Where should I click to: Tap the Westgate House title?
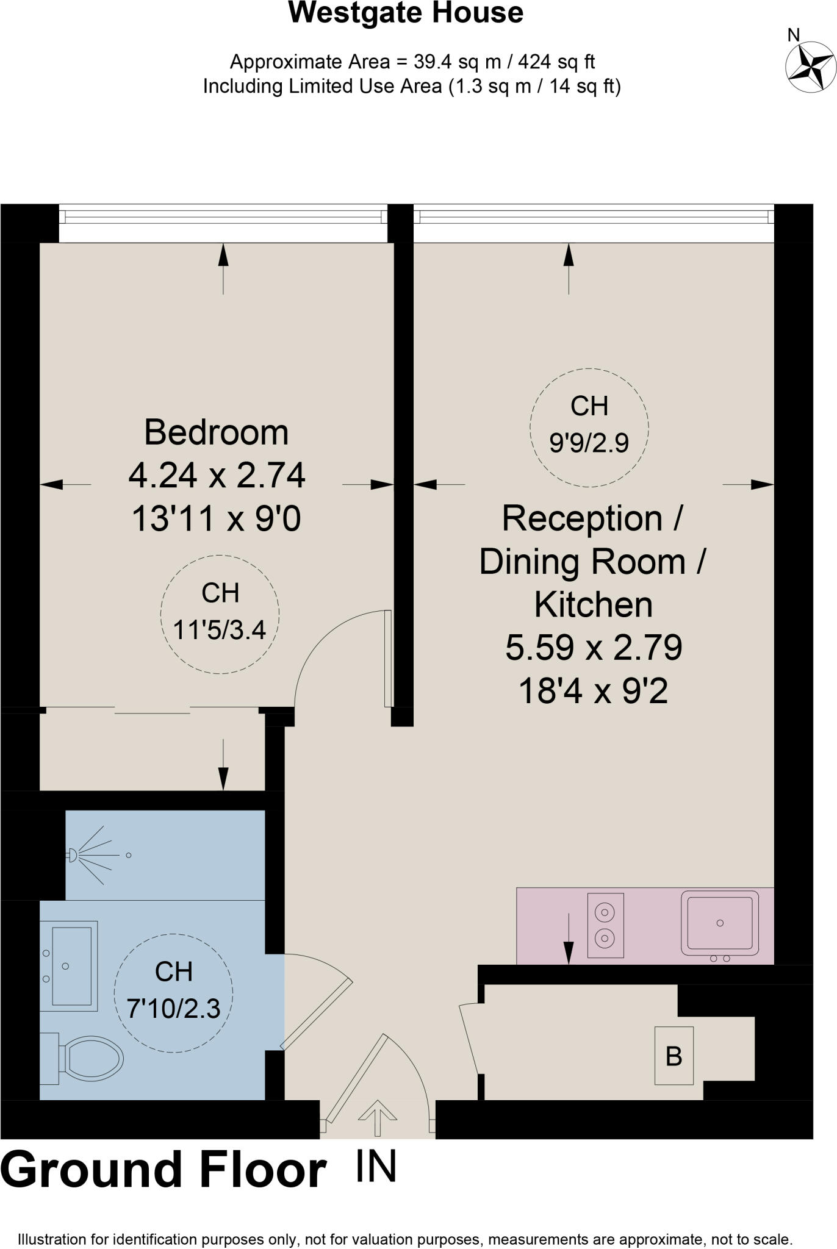pyautogui.click(x=406, y=13)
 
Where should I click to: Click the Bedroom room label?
pyautogui.click(x=216, y=432)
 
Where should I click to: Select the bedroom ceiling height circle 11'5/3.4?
pyautogui.click(x=220, y=614)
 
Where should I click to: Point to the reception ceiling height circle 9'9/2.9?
pyautogui.click(x=589, y=427)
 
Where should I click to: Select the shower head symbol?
pyautogui.click(x=73, y=855)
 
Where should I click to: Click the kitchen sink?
pyautogui.click(x=720, y=923)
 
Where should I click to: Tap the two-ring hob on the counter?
pyautogui.click(x=605, y=925)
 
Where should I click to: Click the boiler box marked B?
pyautogui.click(x=674, y=1056)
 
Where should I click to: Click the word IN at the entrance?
pyautogui.click(x=376, y=1167)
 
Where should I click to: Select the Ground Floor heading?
pyautogui.click(x=163, y=1170)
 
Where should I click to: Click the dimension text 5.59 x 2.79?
pyautogui.click(x=593, y=648)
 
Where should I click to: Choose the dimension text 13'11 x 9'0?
pyautogui.click(x=216, y=519)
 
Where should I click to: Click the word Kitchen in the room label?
pyautogui.click(x=593, y=604)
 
